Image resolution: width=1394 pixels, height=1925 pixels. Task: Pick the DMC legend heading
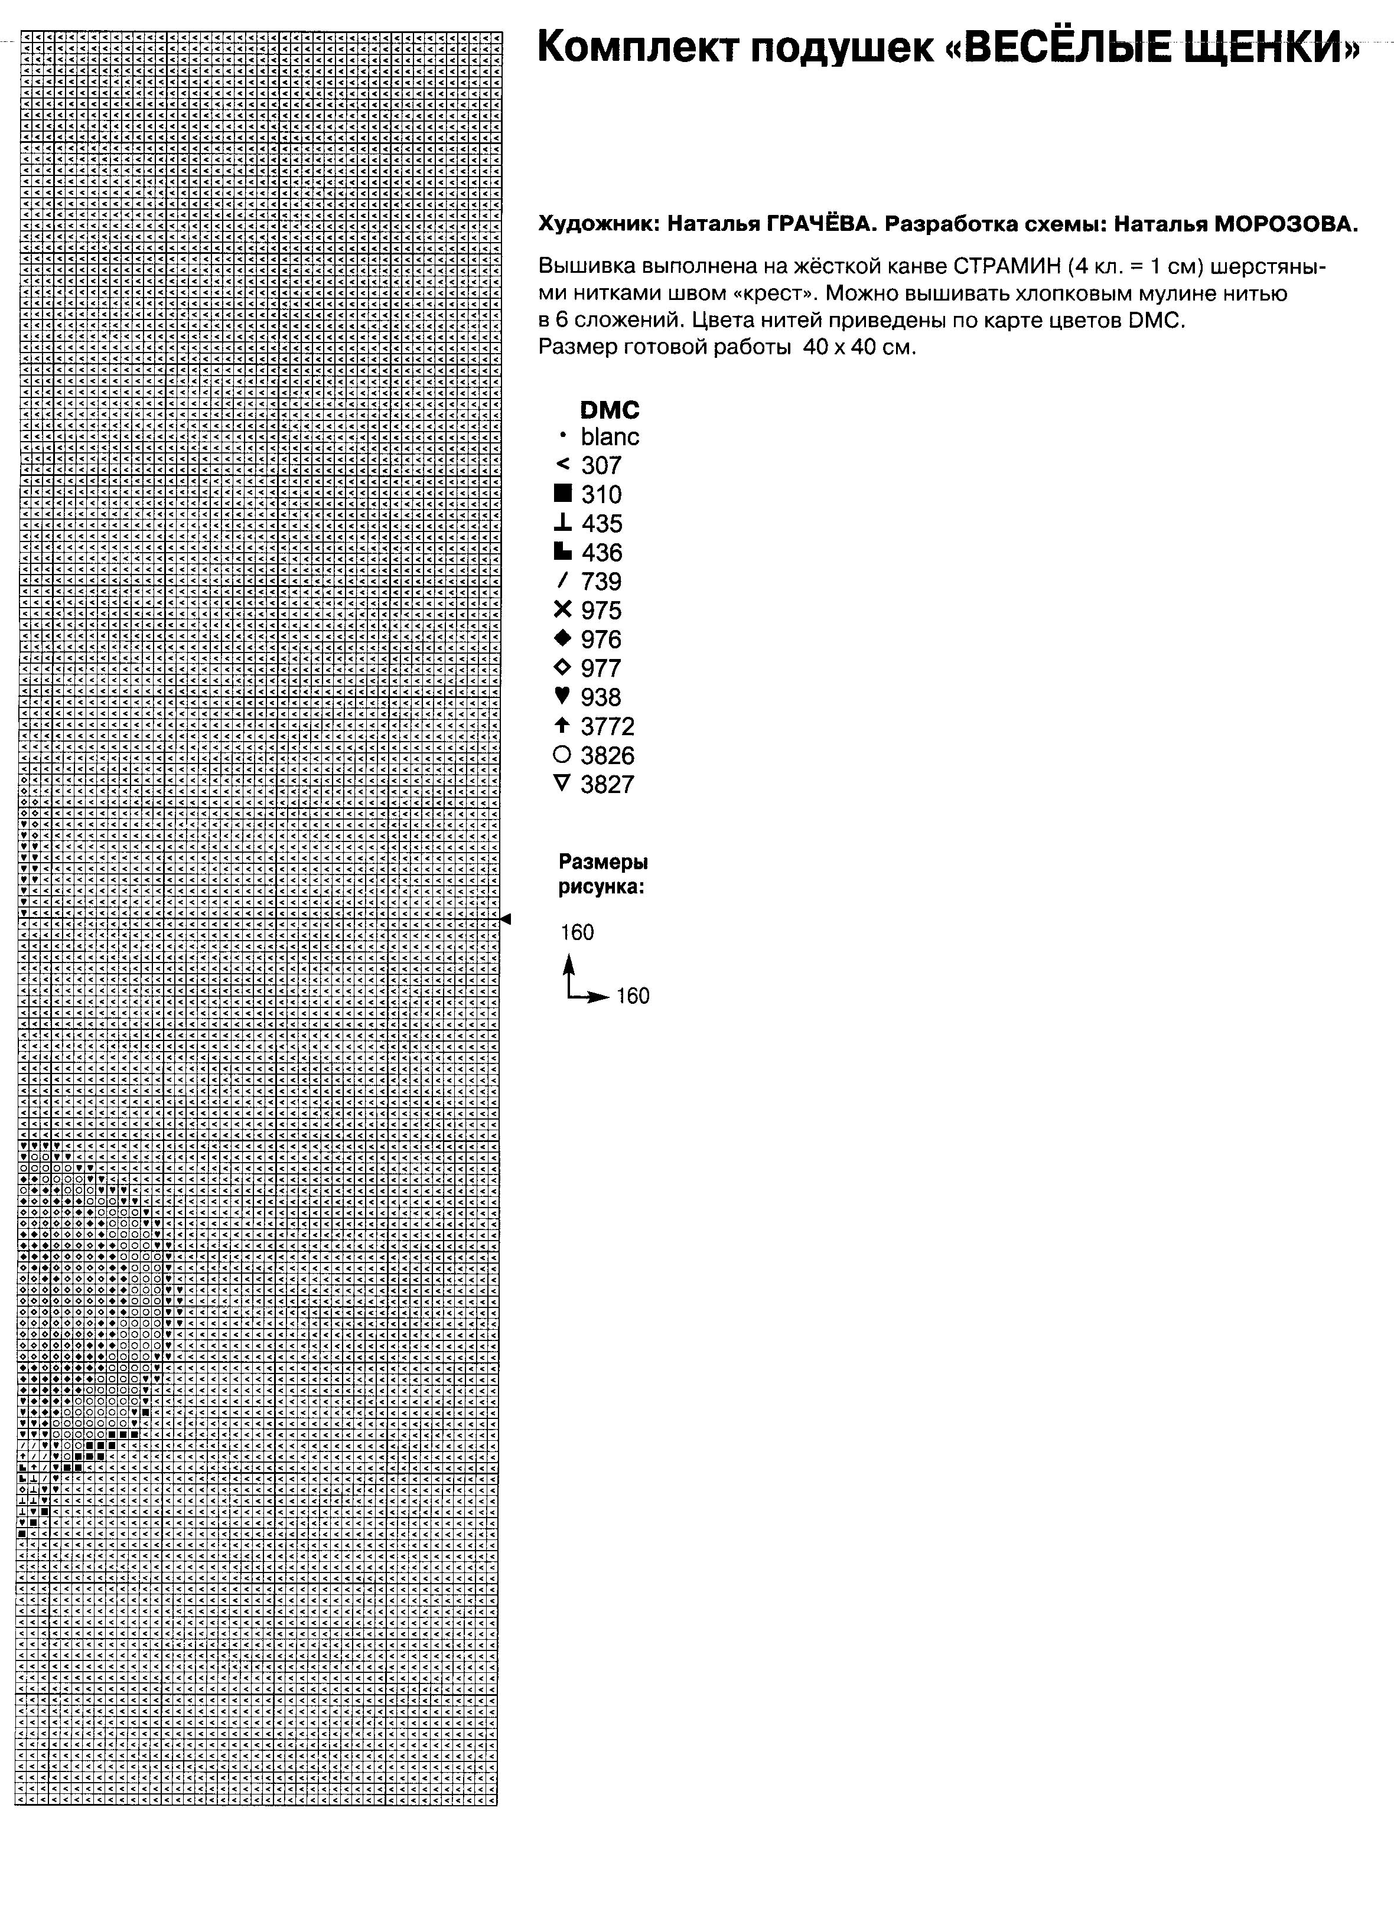(x=610, y=410)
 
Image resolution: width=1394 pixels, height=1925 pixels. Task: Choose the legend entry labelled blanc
(x=610, y=437)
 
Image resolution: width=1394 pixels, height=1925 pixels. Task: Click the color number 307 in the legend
(x=601, y=466)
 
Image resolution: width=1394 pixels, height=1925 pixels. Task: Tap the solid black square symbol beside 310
(x=562, y=493)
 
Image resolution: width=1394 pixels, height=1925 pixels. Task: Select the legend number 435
(x=601, y=524)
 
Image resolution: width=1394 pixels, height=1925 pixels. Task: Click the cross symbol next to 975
(x=562, y=609)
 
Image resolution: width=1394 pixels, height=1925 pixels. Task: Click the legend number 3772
(x=608, y=726)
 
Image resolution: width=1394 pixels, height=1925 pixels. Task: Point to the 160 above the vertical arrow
(x=577, y=933)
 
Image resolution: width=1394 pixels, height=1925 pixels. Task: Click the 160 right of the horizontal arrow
(x=633, y=996)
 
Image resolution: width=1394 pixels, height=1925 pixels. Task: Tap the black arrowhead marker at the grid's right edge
(x=506, y=918)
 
